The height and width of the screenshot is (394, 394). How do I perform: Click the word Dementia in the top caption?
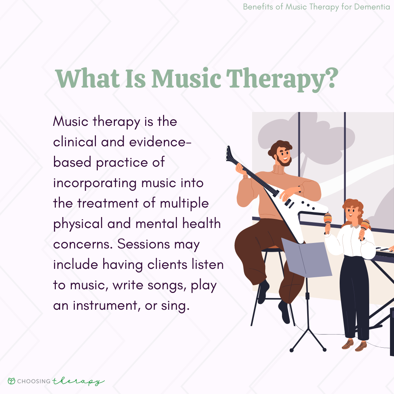[x=372, y=7]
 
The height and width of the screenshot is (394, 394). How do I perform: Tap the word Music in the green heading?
[x=186, y=78]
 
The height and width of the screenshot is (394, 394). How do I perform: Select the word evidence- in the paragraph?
[x=160, y=142]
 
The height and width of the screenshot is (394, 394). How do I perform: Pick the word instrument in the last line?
[x=105, y=306]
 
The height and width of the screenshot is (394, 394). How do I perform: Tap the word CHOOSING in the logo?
[x=34, y=381]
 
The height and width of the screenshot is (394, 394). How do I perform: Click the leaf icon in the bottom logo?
[x=12, y=381]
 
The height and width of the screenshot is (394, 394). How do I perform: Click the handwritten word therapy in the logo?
[x=78, y=382]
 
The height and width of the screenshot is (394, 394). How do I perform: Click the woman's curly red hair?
[x=355, y=209]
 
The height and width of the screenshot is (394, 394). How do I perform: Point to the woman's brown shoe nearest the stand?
[x=348, y=344]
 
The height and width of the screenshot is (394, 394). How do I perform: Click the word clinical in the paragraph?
[x=75, y=142]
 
